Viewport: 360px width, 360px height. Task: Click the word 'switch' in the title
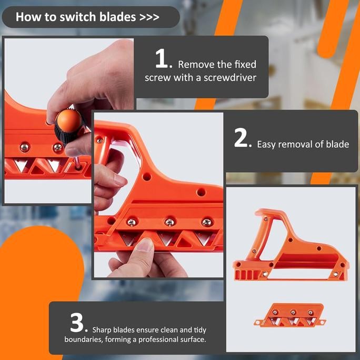pyautogui.click(x=78, y=17)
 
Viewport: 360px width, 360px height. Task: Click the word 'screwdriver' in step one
pyautogui.click(x=230, y=78)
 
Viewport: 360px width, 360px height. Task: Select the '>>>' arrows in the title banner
pyautogui.click(x=149, y=17)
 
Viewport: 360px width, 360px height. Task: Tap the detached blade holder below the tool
pyautogui.click(x=290, y=315)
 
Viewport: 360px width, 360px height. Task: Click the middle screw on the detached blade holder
pyautogui.click(x=293, y=312)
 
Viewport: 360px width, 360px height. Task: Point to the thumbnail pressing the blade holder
pyautogui.click(x=144, y=245)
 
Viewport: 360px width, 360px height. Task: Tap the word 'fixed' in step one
pyautogui.click(x=245, y=65)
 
